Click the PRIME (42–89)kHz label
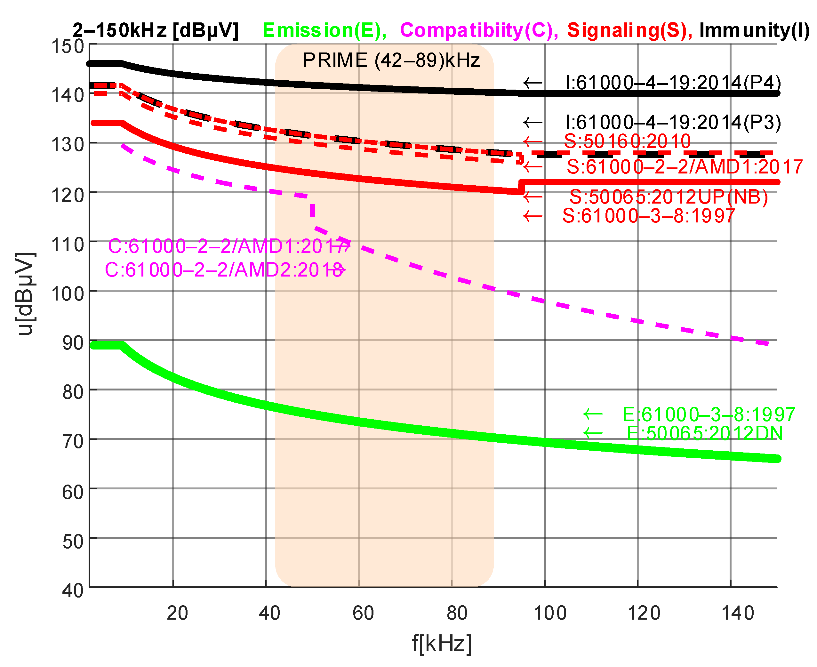click(391, 60)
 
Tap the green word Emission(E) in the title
click(324, 30)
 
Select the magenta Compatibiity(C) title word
click(479, 30)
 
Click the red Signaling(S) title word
click(629, 30)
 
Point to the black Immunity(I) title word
click(754, 30)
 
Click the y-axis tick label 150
click(68, 46)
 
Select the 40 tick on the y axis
click(73, 590)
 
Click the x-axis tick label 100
click(550, 613)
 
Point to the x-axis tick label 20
click(177, 613)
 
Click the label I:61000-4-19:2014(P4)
click(673, 83)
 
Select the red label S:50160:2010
click(627, 141)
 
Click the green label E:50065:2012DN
click(704, 433)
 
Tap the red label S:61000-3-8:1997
click(648, 216)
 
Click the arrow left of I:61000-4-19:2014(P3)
click(533, 123)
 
